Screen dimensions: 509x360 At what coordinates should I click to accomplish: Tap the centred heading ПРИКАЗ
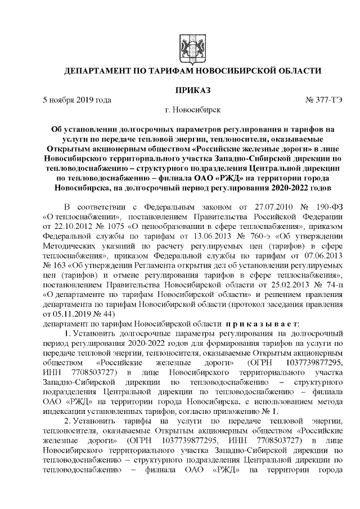pyautogui.click(x=192, y=90)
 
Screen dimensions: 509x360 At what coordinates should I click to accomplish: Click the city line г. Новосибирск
pyautogui.click(x=192, y=110)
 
